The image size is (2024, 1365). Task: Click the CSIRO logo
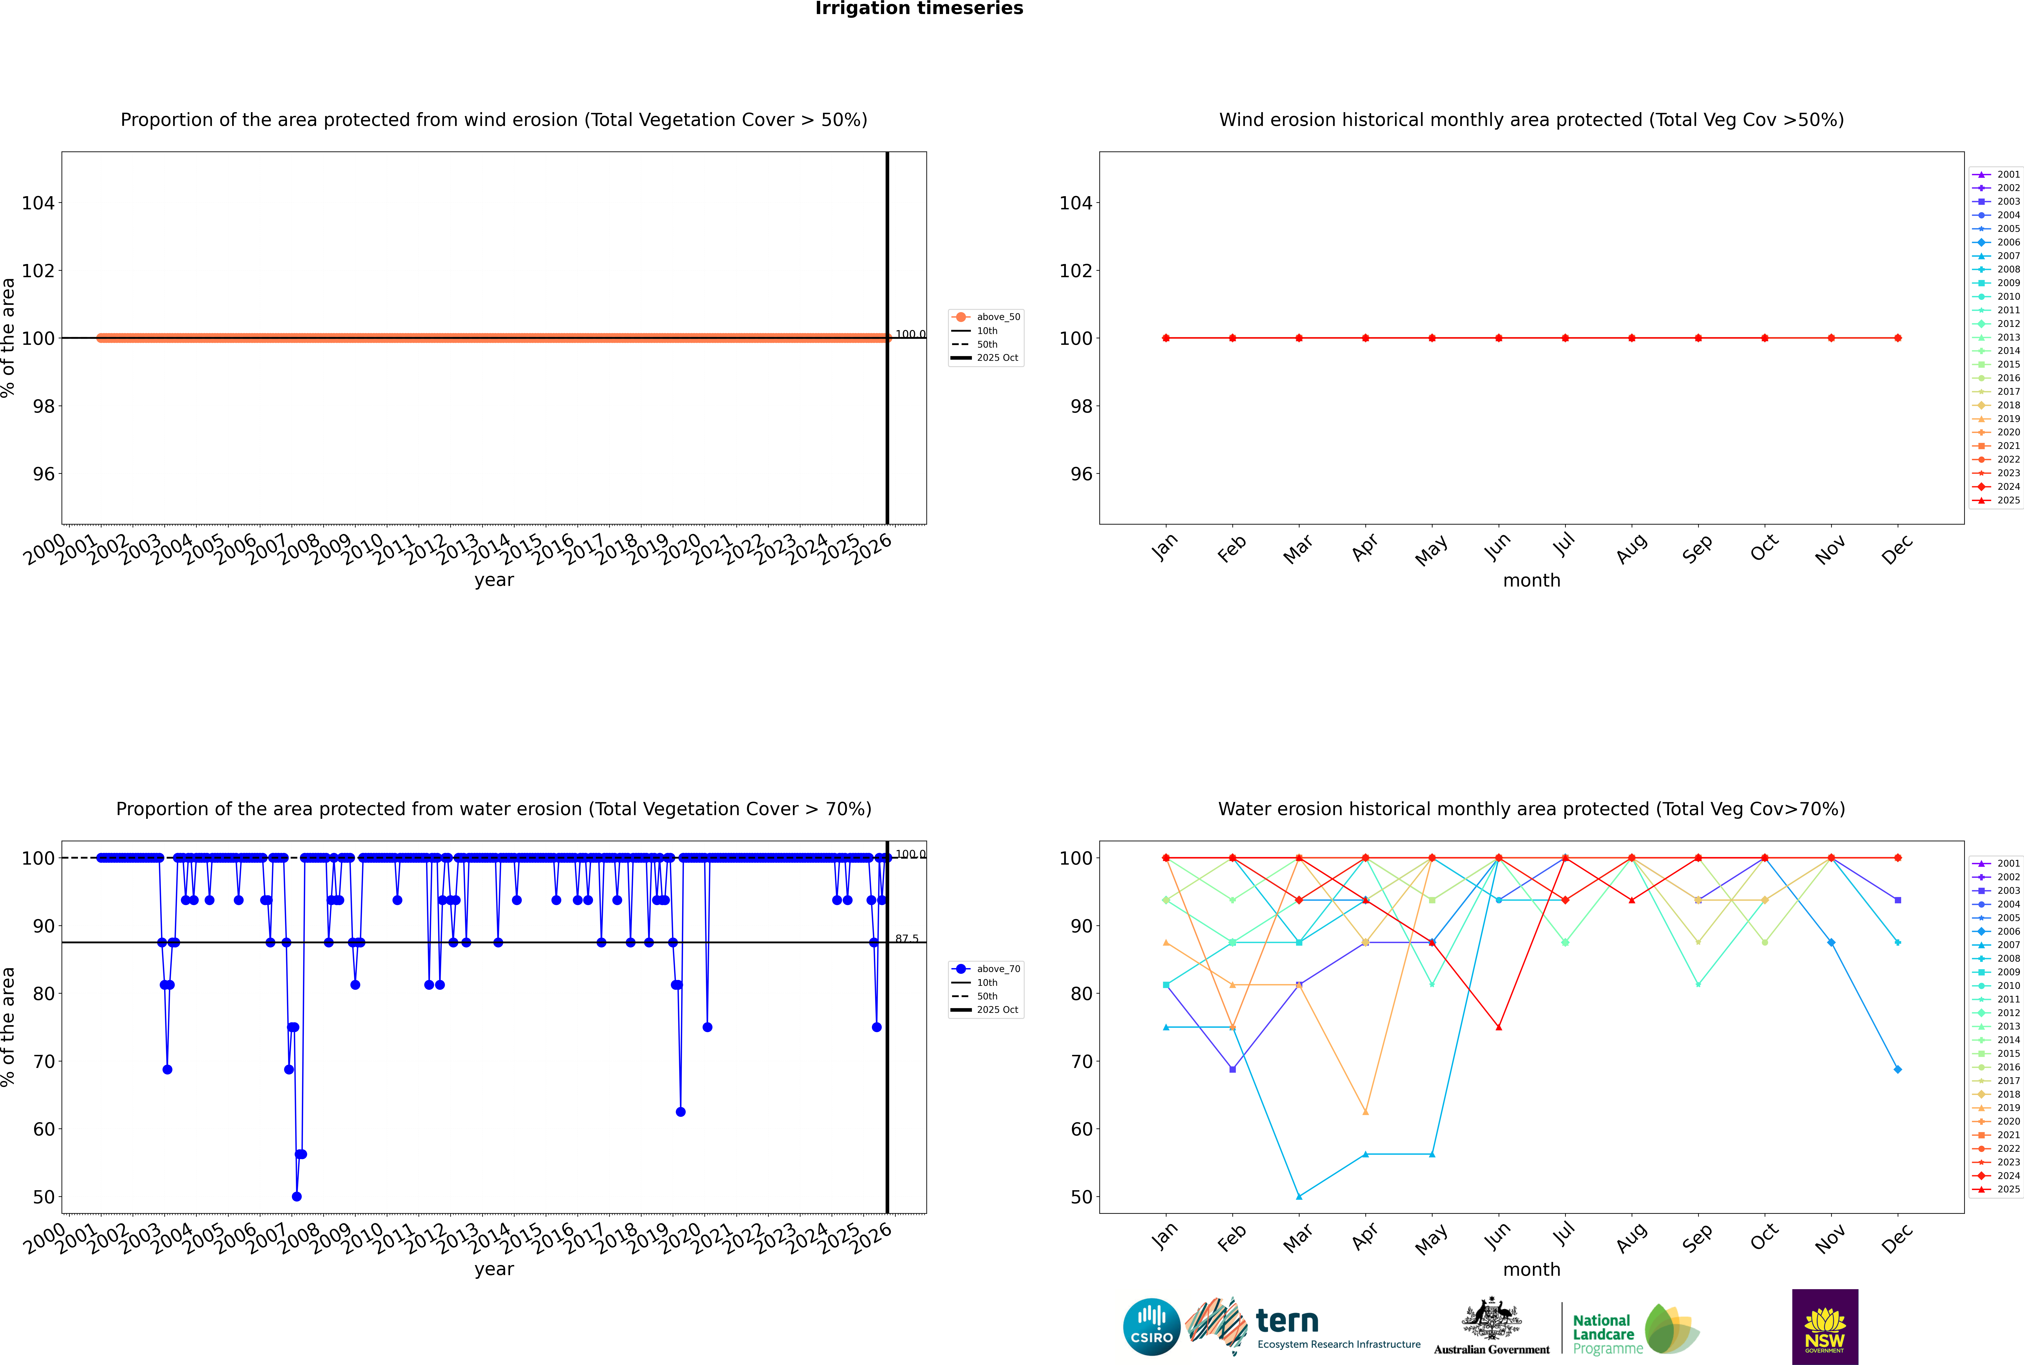pos(1151,1327)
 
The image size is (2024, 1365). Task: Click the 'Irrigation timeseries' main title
pos(919,9)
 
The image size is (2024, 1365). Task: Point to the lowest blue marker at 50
pos(297,1196)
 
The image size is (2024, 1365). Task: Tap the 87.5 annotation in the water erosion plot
pos(907,939)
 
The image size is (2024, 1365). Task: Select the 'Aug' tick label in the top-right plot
pos(1632,548)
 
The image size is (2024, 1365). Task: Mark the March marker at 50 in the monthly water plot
pos(1299,1196)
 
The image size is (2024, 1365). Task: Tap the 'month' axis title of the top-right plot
pos(1531,581)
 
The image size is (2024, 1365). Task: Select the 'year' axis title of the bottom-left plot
pos(494,1269)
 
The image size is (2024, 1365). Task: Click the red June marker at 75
pos(1498,1027)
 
